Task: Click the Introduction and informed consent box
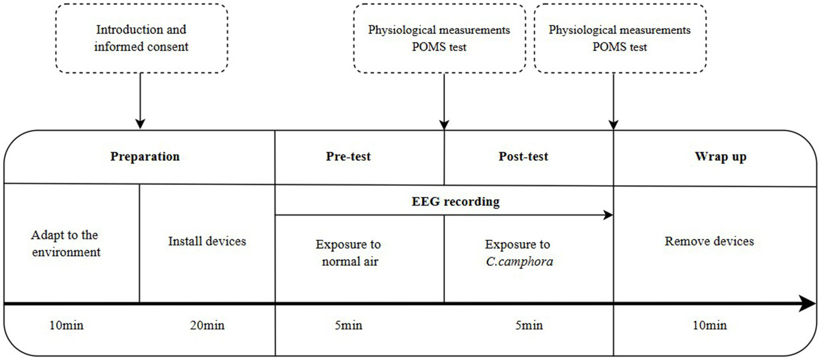tap(141, 38)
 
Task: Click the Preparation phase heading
tap(145, 157)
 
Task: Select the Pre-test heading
tap(349, 157)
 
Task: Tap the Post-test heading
tap(523, 157)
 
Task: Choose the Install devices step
tap(207, 241)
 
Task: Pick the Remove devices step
tap(709, 241)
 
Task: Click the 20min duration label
tap(207, 325)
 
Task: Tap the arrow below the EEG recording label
tap(444, 215)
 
